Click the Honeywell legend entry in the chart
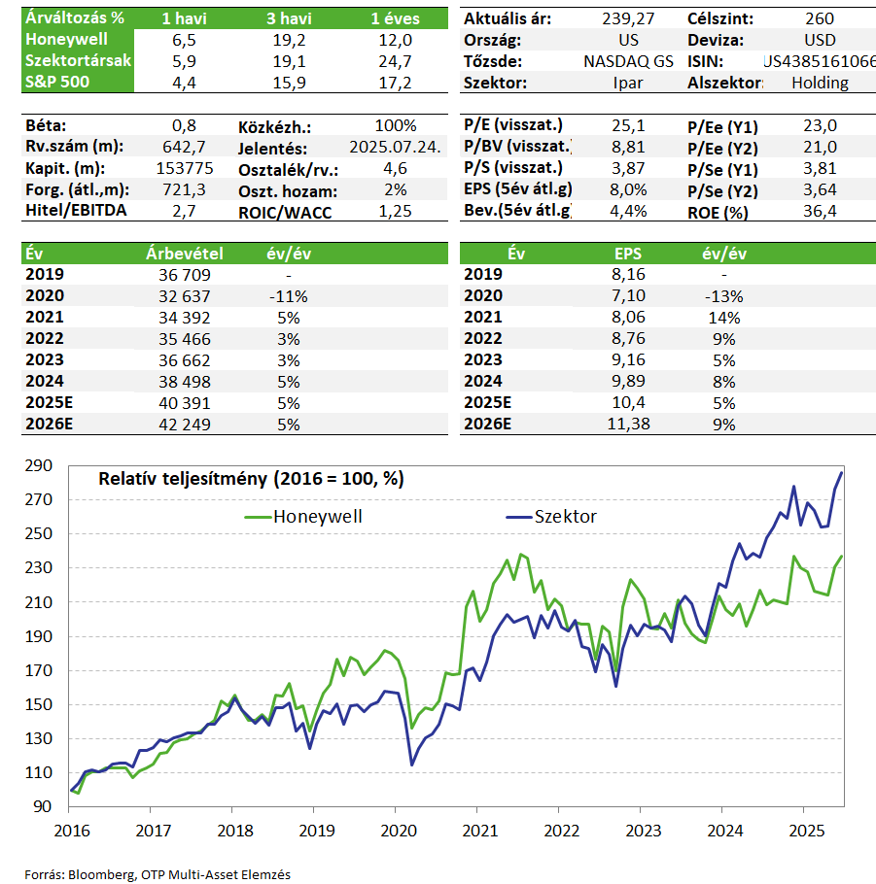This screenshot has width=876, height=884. [303, 517]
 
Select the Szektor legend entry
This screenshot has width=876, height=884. [551, 517]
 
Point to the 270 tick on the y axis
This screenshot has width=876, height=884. [38, 499]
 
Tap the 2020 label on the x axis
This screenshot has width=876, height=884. [399, 831]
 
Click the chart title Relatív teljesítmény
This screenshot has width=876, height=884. [251, 479]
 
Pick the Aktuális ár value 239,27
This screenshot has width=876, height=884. [628, 18]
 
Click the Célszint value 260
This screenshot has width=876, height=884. [820, 18]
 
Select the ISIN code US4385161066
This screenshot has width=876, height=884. [820, 61]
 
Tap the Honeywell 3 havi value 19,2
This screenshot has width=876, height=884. [289, 40]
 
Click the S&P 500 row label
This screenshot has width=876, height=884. [57, 83]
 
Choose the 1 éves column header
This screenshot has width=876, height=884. [395, 18]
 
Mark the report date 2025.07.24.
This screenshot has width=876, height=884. [395, 147]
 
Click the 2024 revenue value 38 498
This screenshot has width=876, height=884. [185, 382]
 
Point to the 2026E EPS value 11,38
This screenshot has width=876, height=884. [628, 424]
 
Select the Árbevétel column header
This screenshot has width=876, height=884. [185, 254]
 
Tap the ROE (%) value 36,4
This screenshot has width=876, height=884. [820, 212]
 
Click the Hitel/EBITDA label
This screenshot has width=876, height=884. [76, 211]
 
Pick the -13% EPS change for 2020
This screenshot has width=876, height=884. [724, 296]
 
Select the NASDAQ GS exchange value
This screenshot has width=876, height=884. [628, 61]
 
